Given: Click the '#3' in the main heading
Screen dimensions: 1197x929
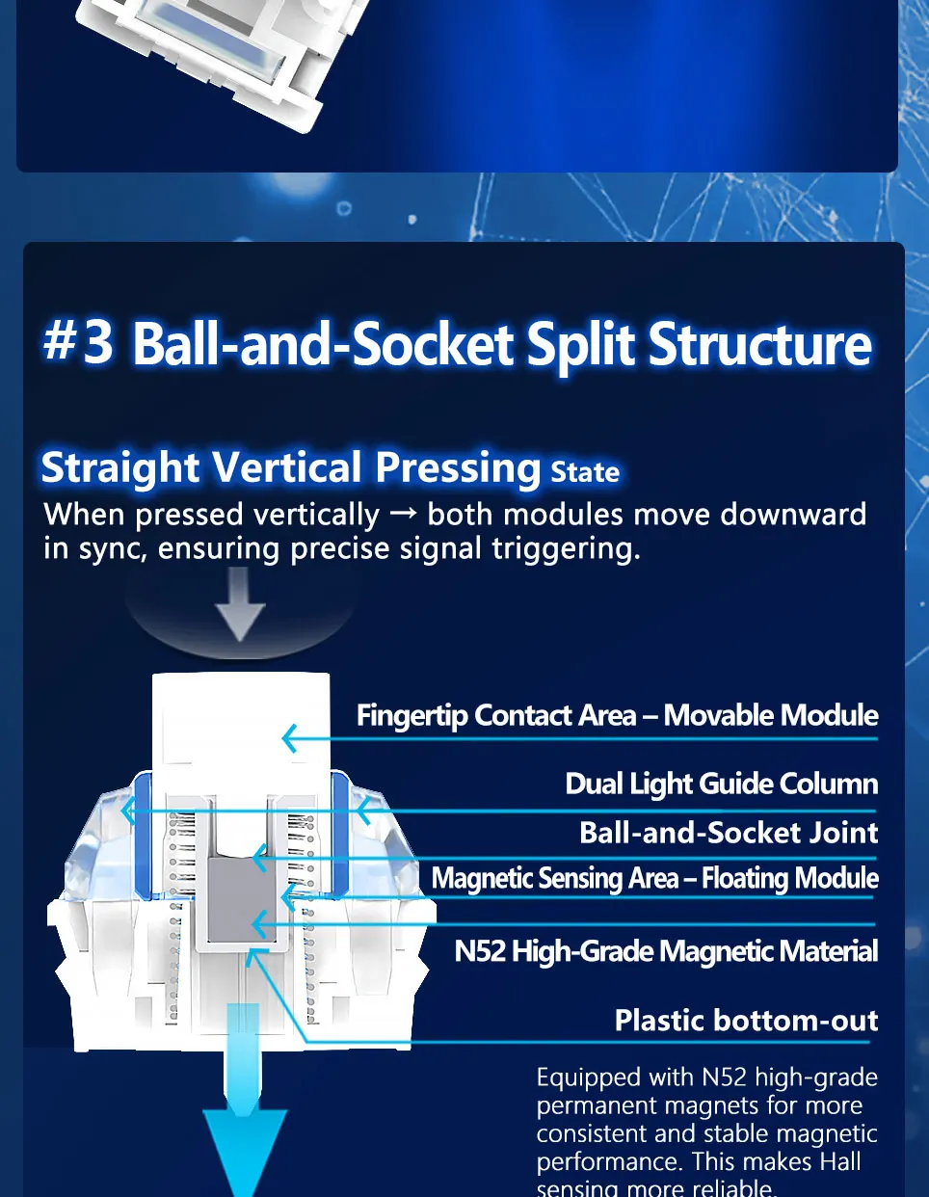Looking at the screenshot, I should pos(78,342).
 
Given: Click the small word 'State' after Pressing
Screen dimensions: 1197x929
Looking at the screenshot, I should pos(585,472).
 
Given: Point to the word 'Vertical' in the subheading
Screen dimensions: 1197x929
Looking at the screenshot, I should pos(286,468).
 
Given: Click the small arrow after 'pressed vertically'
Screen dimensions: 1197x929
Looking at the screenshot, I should pos(403,514).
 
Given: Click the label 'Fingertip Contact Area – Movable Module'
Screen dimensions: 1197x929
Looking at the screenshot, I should pos(617,715).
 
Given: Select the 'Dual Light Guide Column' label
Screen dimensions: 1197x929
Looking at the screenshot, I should pos(721,784).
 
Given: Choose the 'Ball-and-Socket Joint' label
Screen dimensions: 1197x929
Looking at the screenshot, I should pos(729,832).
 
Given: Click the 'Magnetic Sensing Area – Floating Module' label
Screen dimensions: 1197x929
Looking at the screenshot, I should pos(654,878).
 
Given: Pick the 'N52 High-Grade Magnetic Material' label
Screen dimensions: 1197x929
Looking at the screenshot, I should pos(666,951).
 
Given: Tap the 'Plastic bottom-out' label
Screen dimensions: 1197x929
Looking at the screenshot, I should pos(746,1020).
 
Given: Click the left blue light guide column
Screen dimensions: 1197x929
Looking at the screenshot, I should pos(143,834).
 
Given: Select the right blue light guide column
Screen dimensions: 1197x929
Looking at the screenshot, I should pos(339,834).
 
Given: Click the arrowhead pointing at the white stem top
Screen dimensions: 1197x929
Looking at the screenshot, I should pos(289,739).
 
